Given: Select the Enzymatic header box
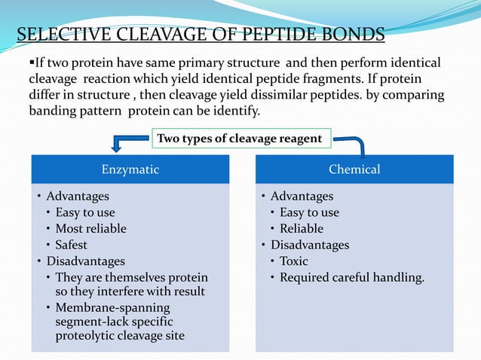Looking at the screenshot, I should [x=130, y=169].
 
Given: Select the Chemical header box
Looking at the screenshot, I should [x=354, y=169].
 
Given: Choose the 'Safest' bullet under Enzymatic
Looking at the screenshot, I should [x=71, y=245].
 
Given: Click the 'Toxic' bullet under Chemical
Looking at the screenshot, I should [x=294, y=261].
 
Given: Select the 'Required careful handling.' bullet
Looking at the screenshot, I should [x=352, y=278].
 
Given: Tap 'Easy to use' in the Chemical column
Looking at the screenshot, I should [x=309, y=212].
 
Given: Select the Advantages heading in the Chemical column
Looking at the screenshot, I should [x=302, y=196].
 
